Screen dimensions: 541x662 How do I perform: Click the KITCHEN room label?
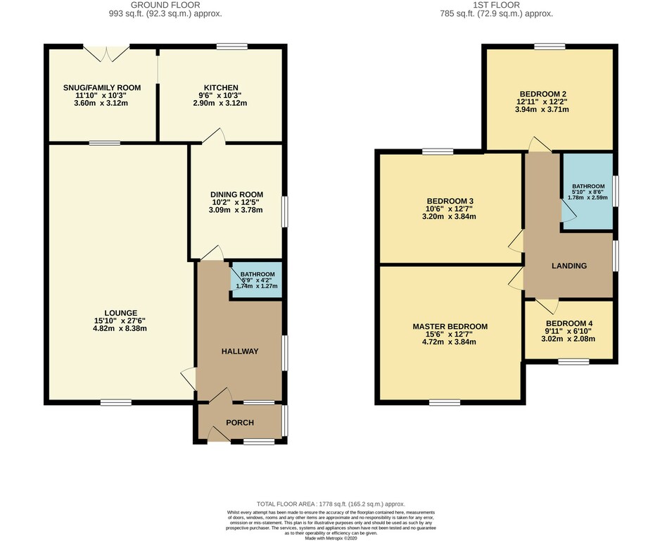(x=221, y=88)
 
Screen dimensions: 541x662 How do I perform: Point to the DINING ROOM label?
(x=236, y=194)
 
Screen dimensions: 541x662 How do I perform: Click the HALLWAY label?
(x=240, y=352)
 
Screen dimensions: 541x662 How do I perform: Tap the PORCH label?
(x=240, y=423)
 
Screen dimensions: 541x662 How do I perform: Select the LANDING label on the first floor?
(x=568, y=266)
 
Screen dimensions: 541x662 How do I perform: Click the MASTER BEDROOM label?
(x=450, y=327)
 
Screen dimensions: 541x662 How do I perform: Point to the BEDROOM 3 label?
(x=450, y=201)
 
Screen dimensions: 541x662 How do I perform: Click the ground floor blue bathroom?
(x=256, y=280)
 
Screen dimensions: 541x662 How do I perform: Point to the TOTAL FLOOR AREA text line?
(x=331, y=504)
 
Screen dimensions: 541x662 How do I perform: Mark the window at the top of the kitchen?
(x=231, y=46)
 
